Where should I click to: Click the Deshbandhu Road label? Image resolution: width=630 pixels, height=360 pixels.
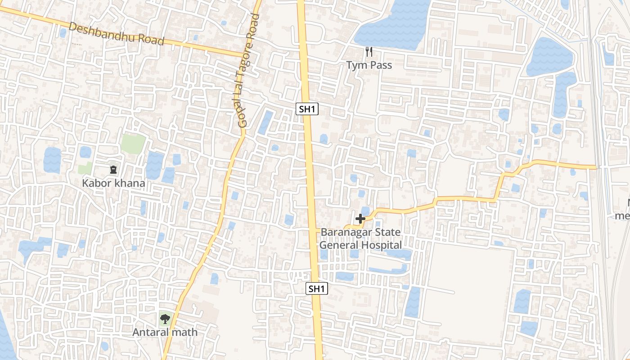[x=117, y=35]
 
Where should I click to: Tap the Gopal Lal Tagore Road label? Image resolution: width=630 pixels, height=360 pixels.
[x=249, y=71]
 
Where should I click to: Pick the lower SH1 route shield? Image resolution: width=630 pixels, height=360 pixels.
[x=317, y=289]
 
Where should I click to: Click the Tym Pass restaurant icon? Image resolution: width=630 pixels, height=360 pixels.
[x=369, y=52]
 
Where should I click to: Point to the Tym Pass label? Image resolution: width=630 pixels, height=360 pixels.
[x=369, y=65]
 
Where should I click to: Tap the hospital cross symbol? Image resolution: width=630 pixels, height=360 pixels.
[x=360, y=219]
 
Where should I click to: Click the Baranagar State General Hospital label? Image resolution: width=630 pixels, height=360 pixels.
[x=360, y=239]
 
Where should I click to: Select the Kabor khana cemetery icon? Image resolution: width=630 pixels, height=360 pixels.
[x=113, y=170]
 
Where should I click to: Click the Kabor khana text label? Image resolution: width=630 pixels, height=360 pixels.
[x=113, y=184]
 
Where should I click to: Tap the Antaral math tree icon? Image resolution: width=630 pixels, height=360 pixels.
[x=165, y=319]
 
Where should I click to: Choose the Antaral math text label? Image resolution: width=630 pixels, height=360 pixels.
[x=165, y=333]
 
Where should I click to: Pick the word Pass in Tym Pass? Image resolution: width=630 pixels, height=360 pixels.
[x=381, y=65]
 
